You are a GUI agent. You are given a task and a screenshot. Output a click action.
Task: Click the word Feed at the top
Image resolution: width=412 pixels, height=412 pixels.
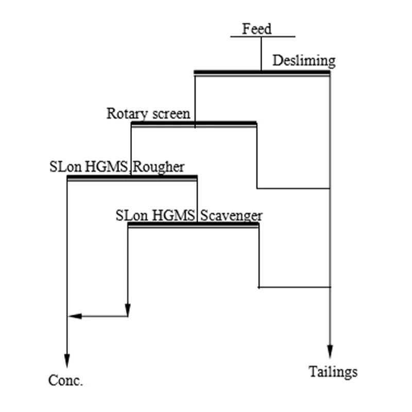256,29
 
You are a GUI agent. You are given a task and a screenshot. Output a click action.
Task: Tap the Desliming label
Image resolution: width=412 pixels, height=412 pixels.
303,61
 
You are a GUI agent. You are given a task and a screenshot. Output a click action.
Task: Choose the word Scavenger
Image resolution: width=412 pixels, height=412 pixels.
231,215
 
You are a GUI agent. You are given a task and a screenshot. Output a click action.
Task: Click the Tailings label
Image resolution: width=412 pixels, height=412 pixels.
333,371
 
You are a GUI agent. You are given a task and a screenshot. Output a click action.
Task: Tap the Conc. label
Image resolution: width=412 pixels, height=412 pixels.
65,381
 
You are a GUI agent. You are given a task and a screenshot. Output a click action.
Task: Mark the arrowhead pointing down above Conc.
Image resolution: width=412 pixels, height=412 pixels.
67,360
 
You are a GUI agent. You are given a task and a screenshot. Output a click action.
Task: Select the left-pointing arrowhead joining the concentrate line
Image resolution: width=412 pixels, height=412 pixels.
75,316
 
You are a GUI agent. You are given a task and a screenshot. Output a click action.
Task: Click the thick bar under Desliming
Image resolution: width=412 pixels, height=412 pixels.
262,73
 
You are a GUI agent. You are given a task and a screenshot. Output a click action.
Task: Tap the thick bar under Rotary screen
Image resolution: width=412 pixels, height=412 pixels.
194,124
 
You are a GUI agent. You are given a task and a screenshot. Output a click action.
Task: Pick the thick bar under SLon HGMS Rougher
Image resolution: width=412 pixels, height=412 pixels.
132,178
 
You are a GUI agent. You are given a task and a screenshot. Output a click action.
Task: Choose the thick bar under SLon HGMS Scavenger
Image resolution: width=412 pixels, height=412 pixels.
193,225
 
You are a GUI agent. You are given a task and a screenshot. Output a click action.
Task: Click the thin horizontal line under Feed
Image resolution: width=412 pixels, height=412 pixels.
263,37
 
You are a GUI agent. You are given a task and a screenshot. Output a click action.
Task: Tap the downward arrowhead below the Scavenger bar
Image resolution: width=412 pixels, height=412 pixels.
128,311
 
